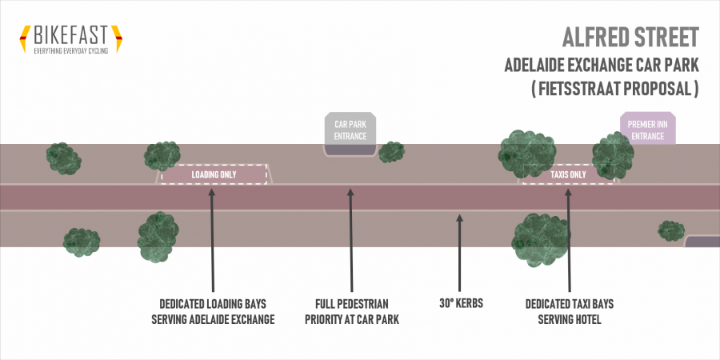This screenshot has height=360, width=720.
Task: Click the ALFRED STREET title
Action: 631,38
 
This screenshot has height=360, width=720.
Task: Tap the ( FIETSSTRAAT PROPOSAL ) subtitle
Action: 615,90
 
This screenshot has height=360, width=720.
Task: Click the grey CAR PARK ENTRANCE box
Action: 350,130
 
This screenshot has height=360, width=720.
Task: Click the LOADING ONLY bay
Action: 213,174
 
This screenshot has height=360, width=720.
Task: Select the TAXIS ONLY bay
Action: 568,174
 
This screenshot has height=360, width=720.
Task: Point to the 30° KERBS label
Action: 459,305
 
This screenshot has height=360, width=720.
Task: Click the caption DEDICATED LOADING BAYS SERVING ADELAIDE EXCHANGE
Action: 213,312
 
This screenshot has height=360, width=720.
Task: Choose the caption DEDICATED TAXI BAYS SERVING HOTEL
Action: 569,312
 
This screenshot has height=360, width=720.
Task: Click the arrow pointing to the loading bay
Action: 213,240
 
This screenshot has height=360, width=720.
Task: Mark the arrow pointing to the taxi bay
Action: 569,240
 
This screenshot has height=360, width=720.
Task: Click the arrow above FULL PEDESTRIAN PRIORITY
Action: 350,240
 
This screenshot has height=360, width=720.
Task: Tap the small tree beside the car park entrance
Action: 391,152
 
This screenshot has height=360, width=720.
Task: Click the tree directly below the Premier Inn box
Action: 613,155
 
